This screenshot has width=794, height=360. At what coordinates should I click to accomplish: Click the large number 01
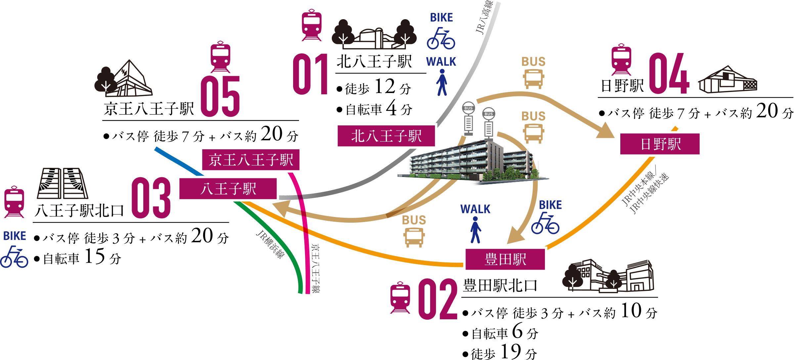tap(310, 74)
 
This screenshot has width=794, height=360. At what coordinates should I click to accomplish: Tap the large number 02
tap(438, 299)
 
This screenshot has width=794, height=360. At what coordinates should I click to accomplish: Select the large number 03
tap(151, 198)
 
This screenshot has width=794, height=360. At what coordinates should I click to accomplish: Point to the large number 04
tap(669, 73)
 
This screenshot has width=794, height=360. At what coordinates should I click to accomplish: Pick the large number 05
tap(220, 96)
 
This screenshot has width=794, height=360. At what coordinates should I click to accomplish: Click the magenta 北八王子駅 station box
tap(386, 136)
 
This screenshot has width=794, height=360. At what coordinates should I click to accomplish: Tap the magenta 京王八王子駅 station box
tap(251, 160)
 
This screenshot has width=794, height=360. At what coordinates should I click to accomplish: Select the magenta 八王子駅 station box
tap(228, 189)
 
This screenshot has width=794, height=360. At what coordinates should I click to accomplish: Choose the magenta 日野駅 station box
tap(660, 144)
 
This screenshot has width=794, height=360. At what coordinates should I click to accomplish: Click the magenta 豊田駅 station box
tap(505, 259)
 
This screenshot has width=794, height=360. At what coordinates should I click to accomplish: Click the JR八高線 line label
tap(484, 17)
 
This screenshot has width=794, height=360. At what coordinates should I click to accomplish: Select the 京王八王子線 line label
tap(316, 268)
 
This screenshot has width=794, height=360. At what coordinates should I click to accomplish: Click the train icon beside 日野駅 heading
tap(621, 60)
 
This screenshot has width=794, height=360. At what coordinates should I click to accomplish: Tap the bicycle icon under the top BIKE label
tap(441, 38)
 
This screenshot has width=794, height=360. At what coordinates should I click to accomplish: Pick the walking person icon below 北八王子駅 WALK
tap(442, 82)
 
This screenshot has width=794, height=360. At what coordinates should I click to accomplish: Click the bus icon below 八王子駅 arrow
tap(414, 237)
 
